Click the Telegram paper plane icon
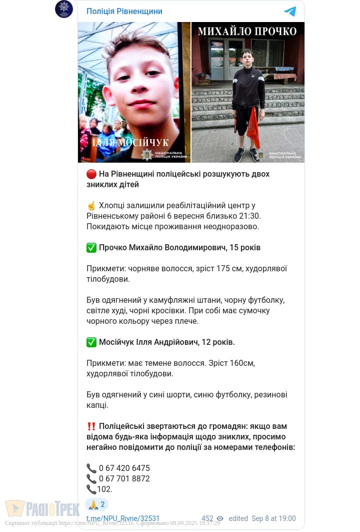click(x=290, y=12)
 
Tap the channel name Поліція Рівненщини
click(x=124, y=12)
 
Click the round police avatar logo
click(x=64, y=9)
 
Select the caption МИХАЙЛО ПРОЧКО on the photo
click(x=247, y=31)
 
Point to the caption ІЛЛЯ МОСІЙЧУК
click(x=130, y=143)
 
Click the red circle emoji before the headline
click(x=91, y=174)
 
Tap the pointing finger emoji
click(x=91, y=206)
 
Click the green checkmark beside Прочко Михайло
click(x=91, y=248)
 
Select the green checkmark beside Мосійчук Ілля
click(x=91, y=342)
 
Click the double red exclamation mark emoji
click(x=91, y=426)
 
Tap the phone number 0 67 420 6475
click(x=124, y=468)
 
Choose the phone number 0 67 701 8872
click(x=124, y=479)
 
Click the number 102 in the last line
click(x=104, y=489)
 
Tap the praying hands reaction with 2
click(x=96, y=504)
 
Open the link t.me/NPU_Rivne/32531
click(x=123, y=519)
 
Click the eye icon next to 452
click(x=220, y=519)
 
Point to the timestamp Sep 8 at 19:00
click(x=273, y=519)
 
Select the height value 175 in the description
click(x=223, y=269)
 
